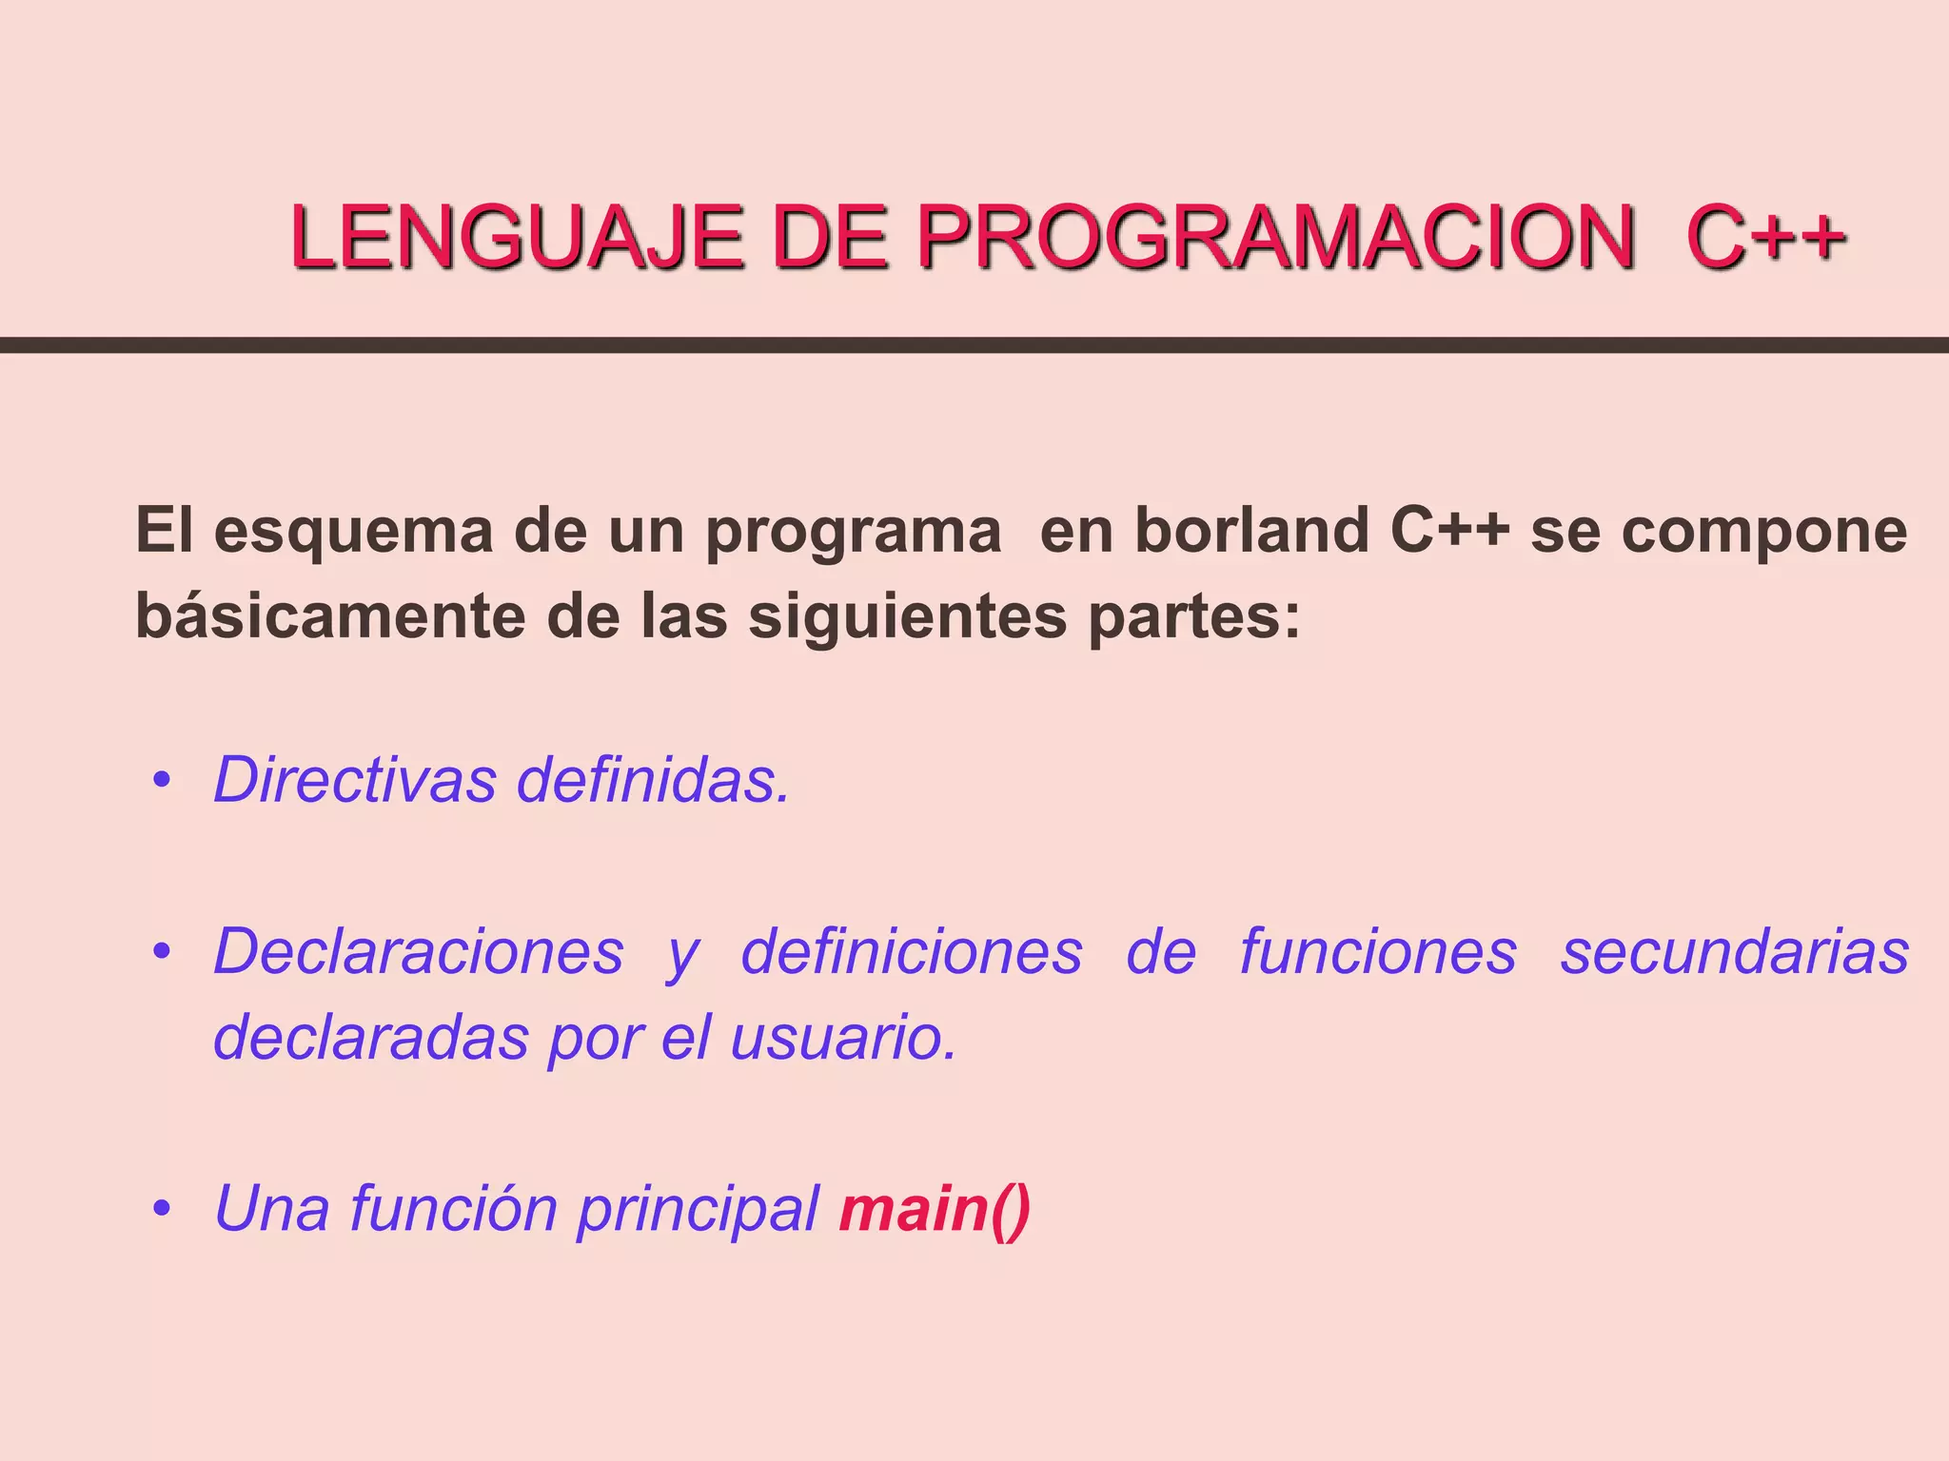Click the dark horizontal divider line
(x=974, y=345)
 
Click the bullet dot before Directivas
(x=162, y=781)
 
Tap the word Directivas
(x=355, y=779)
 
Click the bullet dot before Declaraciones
(x=162, y=951)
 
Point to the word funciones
(x=1378, y=951)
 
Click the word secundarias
(x=1734, y=951)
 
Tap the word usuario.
(x=842, y=1037)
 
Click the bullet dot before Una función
(x=162, y=1209)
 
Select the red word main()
(x=934, y=1209)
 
